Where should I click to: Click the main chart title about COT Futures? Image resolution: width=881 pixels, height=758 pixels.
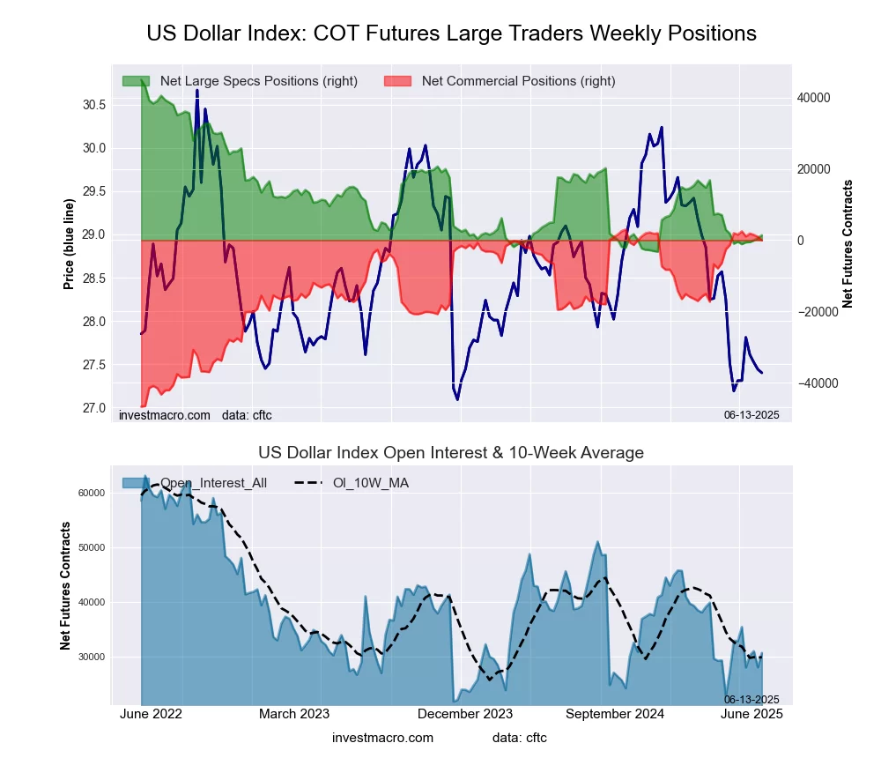(451, 33)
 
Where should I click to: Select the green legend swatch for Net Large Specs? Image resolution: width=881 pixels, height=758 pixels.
(136, 81)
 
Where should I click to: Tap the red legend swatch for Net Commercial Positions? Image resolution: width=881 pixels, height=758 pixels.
(397, 81)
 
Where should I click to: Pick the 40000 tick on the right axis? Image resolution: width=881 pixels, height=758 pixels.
(814, 98)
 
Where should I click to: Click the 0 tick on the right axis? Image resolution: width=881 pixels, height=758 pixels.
(802, 241)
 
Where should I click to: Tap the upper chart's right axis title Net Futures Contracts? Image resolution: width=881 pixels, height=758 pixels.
(848, 244)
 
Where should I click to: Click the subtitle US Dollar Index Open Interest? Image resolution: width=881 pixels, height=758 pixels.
(451, 453)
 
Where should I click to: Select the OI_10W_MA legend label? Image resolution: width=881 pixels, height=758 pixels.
(370, 483)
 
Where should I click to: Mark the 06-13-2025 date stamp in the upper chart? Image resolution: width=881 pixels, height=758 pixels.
(751, 414)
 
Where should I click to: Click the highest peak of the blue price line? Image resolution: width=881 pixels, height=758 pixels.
(196, 90)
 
